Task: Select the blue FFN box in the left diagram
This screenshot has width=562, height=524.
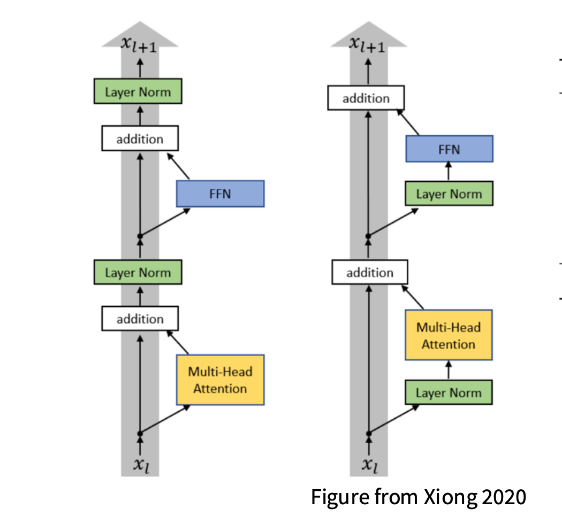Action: pos(220,194)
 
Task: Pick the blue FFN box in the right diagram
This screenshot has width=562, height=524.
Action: pos(449,149)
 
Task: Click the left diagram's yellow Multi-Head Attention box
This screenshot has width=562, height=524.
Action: pos(220,380)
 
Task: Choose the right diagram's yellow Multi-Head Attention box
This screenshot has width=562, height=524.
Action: pos(449,335)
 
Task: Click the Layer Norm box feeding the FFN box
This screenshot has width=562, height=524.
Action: pos(449,194)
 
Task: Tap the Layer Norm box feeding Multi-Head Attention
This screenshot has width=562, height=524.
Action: pos(449,392)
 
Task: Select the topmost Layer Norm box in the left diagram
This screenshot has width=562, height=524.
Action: pos(138,92)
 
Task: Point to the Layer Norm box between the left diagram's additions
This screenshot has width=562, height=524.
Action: pos(138,273)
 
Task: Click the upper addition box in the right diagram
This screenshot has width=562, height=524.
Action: pos(366,98)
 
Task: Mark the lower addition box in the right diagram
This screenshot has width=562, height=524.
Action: pos(369,273)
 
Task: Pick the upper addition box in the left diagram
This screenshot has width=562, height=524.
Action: pos(140,139)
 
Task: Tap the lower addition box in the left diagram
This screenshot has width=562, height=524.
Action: pos(140,319)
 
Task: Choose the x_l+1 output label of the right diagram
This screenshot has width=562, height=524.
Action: pos(367,45)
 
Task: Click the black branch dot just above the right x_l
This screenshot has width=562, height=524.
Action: pos(368,434)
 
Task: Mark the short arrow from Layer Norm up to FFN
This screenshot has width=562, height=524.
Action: pos(449,172)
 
